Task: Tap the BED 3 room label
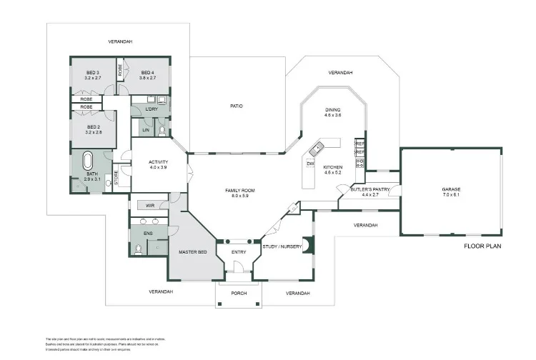coord(93,72)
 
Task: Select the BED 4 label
coord(147,72)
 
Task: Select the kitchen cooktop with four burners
coord(360,163)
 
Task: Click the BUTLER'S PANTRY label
coord(369,189)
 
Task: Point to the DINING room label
coord(333,110)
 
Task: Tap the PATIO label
coord(236,106)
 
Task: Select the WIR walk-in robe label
coord(150,205)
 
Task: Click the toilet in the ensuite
coord(138,248)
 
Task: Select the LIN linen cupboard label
coord(146,130)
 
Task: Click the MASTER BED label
coord(192,253)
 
